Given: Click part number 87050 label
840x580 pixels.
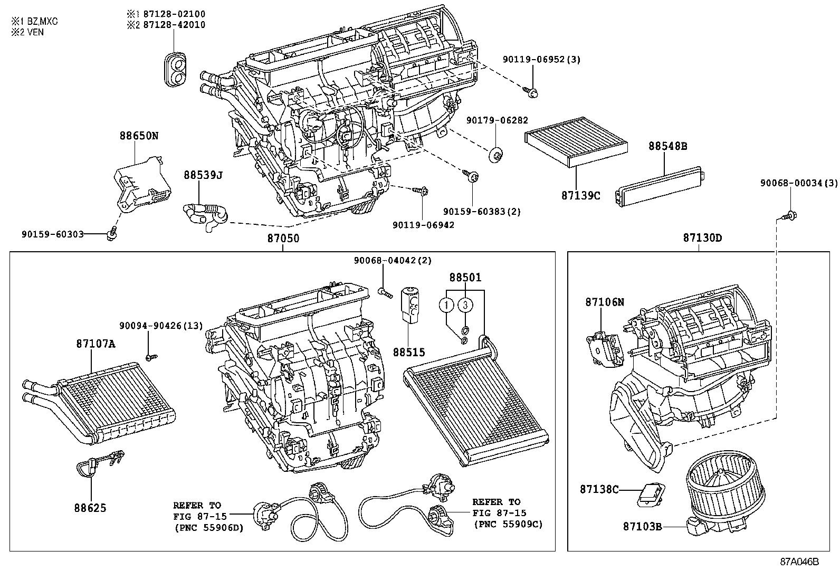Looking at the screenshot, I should pyautogui.click(x=283, y=239).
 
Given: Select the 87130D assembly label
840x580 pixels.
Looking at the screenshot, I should pyautogui.click(x=702, y=238).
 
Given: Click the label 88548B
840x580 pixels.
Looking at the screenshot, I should pyautogui.click(x=667, y=146).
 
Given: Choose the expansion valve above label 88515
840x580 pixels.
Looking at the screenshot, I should pyautogui.click(x=411, y=303).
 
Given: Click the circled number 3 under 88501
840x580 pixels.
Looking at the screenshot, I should pyautogui.click(x=464, y=305).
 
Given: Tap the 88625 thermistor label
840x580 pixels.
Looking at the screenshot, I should pyautogui.click(x=90, y=508).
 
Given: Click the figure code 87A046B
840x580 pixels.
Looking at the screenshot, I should pyautogui.click(x=799, y=562).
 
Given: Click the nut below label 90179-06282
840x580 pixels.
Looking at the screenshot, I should pyautogui.click(x=496, y=155).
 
